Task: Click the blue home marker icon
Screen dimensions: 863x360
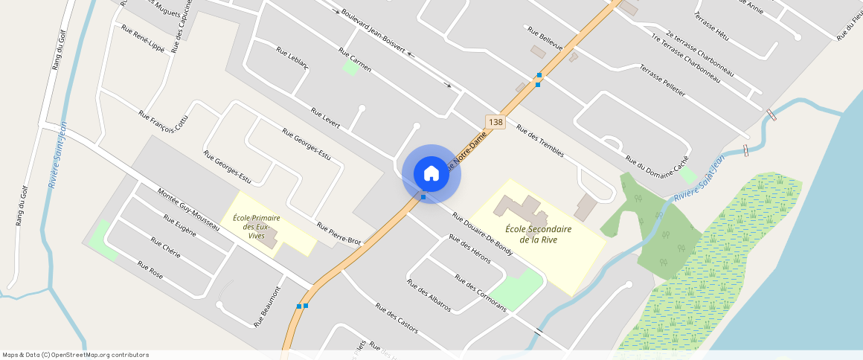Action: click(x=431, y=173)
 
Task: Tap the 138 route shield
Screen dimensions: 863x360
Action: click(x=495, y=121)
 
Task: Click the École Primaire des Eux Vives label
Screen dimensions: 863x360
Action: click(x=256, y=226)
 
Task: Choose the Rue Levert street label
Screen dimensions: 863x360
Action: click(x=326, y=119)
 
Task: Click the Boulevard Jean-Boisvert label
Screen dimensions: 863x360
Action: click(x=373, y=32)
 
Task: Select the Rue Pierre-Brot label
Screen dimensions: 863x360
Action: click(x=339, y=234)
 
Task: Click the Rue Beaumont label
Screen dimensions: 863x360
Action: click(x=268, y=306)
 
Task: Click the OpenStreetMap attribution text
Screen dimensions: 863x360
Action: click(x=75, y=355)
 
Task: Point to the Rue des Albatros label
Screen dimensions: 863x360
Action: click(x=428, y=295)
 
